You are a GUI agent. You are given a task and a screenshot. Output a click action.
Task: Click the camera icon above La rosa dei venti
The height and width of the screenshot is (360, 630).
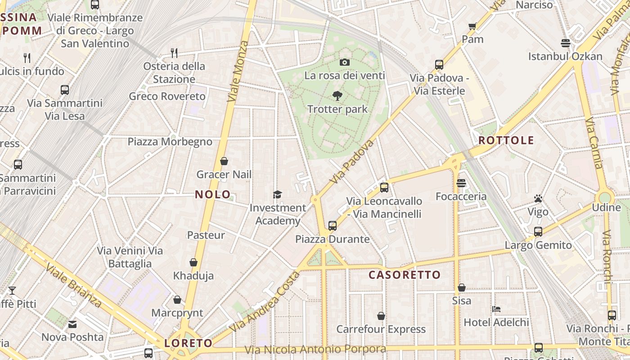coord(345,62)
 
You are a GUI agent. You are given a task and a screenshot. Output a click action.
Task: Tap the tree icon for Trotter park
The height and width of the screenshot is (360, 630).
coord(337,95)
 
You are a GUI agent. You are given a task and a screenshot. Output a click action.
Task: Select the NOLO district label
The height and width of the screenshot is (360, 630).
coord(213,194)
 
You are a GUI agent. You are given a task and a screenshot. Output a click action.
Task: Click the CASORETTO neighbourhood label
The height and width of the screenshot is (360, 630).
coord(405,275)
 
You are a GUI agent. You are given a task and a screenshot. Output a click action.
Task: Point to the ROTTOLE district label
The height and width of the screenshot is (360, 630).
coord(506,140)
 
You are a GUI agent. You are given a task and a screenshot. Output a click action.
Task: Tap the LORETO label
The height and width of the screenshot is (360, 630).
coord(188,343)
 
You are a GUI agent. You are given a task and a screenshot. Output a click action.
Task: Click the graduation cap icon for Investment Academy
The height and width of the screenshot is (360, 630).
coord(277,194)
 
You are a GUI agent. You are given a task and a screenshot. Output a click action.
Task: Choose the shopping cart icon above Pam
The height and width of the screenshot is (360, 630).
coord(472,26)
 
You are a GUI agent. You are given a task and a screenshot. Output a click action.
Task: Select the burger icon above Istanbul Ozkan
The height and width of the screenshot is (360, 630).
coord(566,43)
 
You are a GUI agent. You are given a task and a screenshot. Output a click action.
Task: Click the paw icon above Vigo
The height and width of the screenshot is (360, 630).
coord(538,198)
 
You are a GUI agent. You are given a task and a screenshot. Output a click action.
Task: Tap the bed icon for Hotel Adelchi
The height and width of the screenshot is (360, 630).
coord(496,309)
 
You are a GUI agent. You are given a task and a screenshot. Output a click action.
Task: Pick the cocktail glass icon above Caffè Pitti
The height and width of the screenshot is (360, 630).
coord(12,291)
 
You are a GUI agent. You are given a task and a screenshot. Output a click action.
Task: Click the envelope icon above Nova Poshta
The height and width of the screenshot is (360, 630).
coord(72,324)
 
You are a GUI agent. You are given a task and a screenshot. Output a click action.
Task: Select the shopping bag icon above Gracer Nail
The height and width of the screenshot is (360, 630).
coord(224,161)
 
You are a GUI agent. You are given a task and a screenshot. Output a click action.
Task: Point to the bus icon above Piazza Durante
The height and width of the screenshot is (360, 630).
coord(332,225)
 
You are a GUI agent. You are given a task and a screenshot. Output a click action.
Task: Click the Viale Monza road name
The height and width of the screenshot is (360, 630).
coord(238,71)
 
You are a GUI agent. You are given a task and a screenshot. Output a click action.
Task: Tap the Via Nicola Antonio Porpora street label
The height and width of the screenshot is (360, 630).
coord(315,349)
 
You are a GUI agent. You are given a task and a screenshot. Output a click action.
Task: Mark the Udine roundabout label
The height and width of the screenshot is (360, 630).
coord(606,207)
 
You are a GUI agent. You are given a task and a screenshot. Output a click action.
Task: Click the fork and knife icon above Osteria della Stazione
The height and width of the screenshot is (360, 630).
coord(174,53)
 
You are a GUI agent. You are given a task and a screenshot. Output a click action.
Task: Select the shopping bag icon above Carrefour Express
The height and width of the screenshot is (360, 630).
coord(381,316)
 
